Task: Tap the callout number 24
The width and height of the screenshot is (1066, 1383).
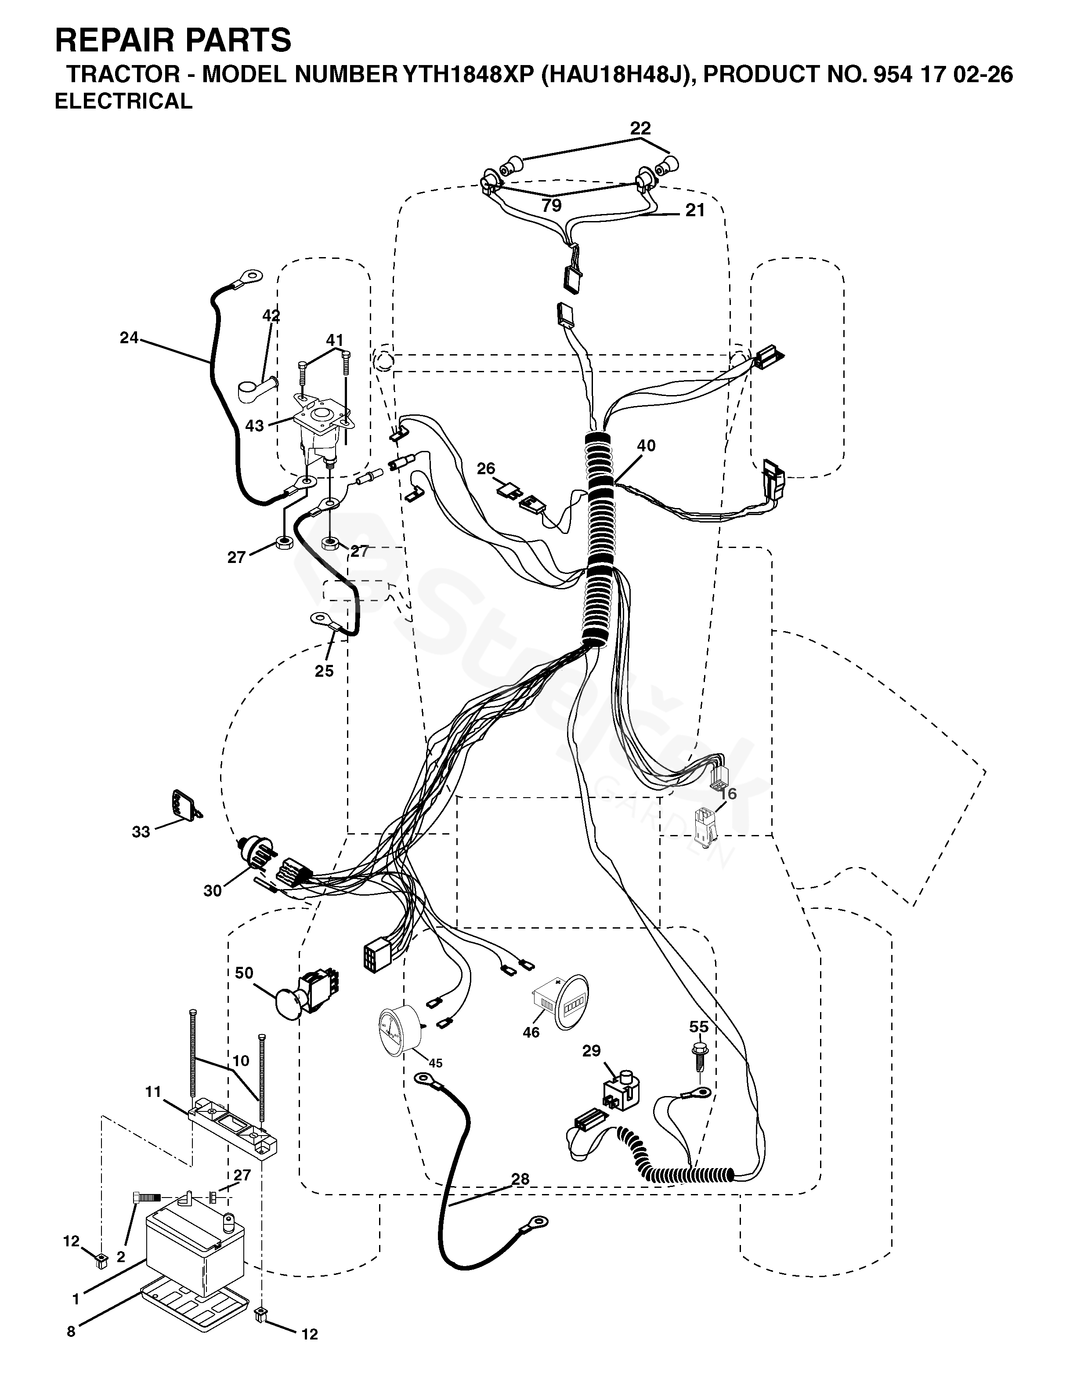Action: [129, 338]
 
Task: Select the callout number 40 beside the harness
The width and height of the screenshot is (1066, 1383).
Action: [646, 446]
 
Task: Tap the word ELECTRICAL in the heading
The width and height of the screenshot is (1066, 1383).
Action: [123, 102]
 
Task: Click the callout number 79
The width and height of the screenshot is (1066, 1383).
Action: [551, 205]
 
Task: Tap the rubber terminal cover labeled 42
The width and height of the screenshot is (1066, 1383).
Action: [257, 388]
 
